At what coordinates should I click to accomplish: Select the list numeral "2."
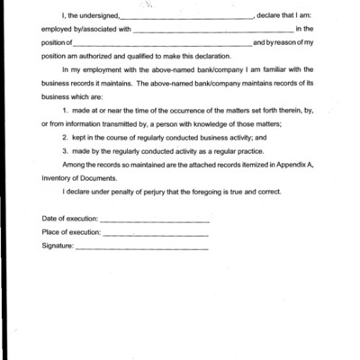(x=66, y=138)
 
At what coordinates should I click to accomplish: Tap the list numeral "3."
(x=66, y=151)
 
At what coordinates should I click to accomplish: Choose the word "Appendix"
(x=290, y=165)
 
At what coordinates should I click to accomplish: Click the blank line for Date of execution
(x=154, y=220)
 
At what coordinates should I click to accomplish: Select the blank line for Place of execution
(x=155, y=233)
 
